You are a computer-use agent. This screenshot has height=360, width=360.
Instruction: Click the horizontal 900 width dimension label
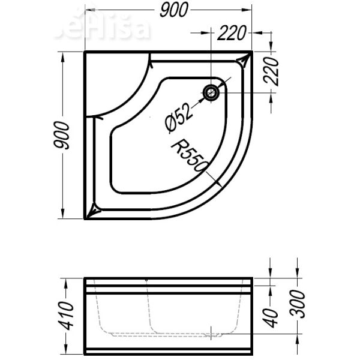tap(174, 9)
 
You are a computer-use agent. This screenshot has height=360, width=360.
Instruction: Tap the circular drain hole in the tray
tap(212, 92)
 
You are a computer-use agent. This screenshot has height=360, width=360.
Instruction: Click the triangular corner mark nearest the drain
tap(244, 61)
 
